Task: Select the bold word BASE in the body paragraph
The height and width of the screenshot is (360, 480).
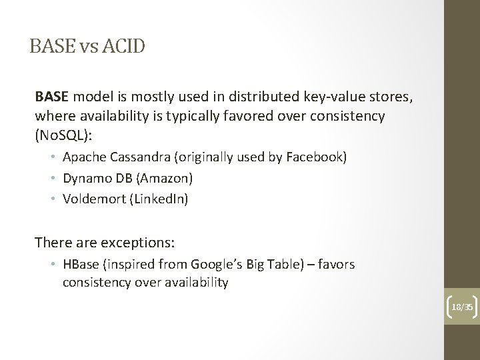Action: click(51, 97)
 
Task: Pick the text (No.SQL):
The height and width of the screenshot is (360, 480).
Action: click(64, 135)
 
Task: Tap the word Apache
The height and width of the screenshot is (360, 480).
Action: click(82, 157)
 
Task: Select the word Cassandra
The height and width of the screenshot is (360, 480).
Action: click(135, 157)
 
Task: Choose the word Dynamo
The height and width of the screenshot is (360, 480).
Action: click(83, 178)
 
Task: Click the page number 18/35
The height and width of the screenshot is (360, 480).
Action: click(461, 307)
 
